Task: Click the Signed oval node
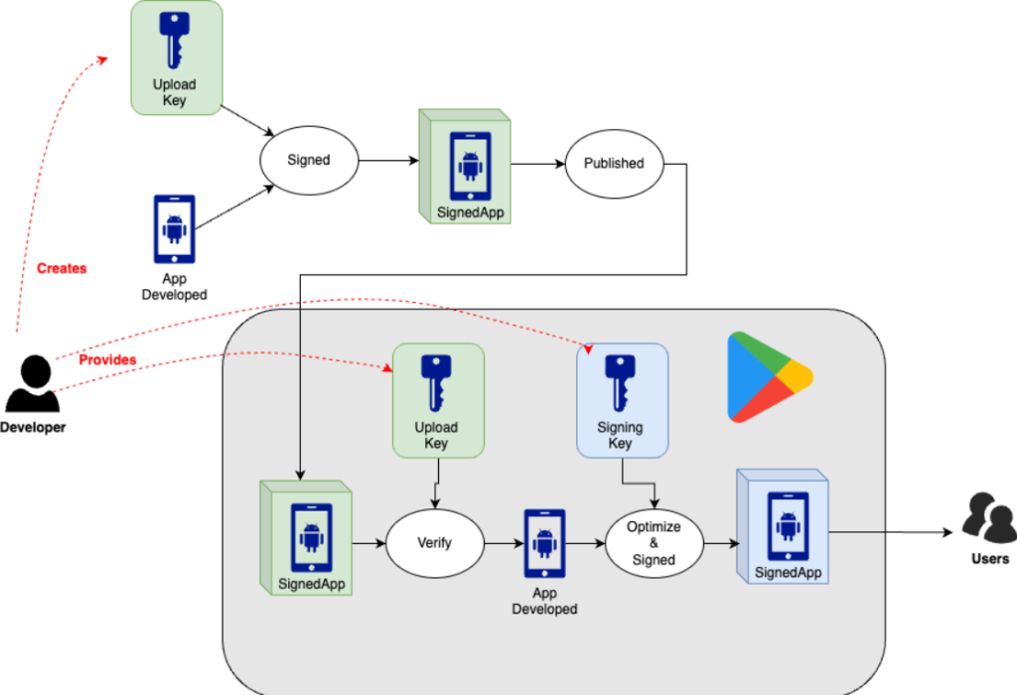pyautogui.click(x=308, y=160)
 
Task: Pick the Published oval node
pyautogui.click(x=613, y=163)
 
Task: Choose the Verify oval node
pyautogui.click(x=434, y=543)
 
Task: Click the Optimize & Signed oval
pyautogui.click(x=654, y=544)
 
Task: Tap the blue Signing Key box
pyautogui.click(x=622, y=400)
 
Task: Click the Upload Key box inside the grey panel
pyautogui.click(x=437, y=400)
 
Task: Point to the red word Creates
pyautogui.click(x=62, y=268)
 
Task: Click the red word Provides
pyautogui.click(x=107, y=359)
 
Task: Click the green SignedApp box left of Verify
pyautogui.click(x=310, y=537)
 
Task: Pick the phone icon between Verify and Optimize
pyautogui.click(x=544, y=542)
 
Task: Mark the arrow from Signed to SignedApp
pyautogui.click(x=387, y=161)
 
